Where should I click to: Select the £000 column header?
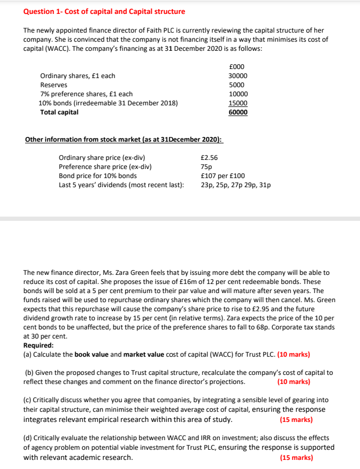[x=236, y=66]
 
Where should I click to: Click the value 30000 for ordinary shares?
[x=238, y=76]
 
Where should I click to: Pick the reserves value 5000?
[x=236, y=85]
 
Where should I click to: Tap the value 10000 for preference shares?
[x=238, y=94]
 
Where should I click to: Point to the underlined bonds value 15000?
[x=238, y=103]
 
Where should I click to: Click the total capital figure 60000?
[x=238, y=112]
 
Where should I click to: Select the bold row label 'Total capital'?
[x=59, y=112]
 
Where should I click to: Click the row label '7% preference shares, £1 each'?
[x=79, y=94]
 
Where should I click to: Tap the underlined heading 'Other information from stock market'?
[x=124, y=139]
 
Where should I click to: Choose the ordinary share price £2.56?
[x=209, y=158]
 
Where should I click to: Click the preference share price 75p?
[x=205, y=167]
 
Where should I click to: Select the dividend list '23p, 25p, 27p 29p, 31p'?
[x=235, y=185]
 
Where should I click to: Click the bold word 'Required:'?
[x=39, y=345]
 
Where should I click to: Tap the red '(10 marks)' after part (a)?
[x=294, y=354]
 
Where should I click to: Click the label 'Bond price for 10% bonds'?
[x=97, y=176]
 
